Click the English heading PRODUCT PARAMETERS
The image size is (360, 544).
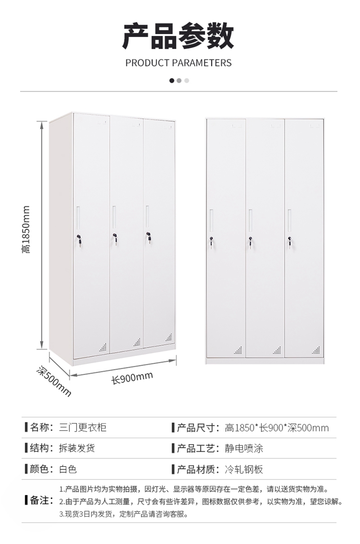click(x=178, y=63)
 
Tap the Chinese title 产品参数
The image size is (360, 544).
click(x=178, y=36)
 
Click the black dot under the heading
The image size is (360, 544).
click(x=172, y=80)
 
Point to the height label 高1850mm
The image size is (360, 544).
click(x=26, y=229)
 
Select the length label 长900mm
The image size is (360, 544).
click(x=132, y=378)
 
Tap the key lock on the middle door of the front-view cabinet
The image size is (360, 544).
click(x=250, y=242)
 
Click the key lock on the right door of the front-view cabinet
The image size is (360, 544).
click(x=289, y=242)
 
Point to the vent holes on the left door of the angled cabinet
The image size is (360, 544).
click(x=103, y=348)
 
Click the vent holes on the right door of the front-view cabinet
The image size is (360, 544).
click(x=316, y=350)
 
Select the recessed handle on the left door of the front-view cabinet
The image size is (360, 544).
click(x=211, y=220)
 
